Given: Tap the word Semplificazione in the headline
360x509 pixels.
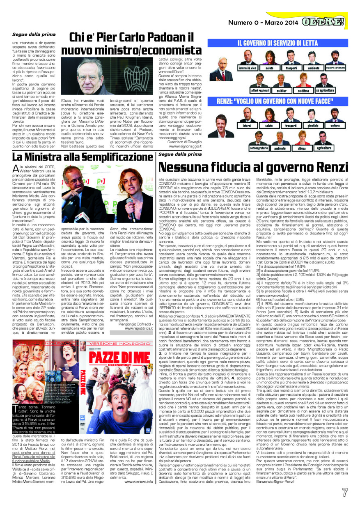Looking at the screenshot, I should point(105,156).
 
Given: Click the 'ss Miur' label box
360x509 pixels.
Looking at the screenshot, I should point(270,90).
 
